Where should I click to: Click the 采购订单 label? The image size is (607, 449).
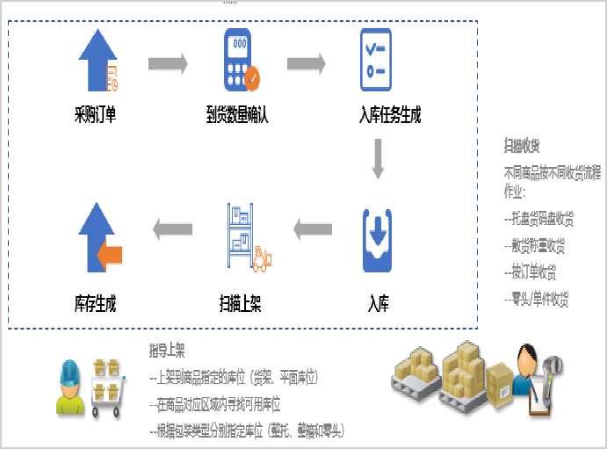pyautogui.click(x=96, y=114)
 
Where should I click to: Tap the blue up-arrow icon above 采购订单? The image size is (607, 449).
pyautogui.click(x=97, y=61)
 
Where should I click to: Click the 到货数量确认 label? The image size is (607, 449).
pyautogui.click(x=237, y=114)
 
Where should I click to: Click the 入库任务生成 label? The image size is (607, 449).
pyautogui.click(x=390, y=114)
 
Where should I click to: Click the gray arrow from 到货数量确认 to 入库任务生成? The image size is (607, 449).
pyautogui.click(x=307, y=63)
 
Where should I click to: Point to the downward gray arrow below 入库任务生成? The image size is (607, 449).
pyautogui.click(x=379, y=159)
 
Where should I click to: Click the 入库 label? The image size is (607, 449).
pyautogui.click(x=379, y=305)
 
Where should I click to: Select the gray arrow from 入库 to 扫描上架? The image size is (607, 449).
pyautogui.click(x=313, y=230)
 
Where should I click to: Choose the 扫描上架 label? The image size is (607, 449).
pyautogui.click(x=240, y=305)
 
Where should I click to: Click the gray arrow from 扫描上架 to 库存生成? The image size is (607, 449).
pyautogui.click(x=173, y=229)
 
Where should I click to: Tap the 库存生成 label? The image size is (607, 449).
pyautogui.click(x=96, y=305)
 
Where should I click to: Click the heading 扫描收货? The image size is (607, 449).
pyautogui.click(x=522, y=145)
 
